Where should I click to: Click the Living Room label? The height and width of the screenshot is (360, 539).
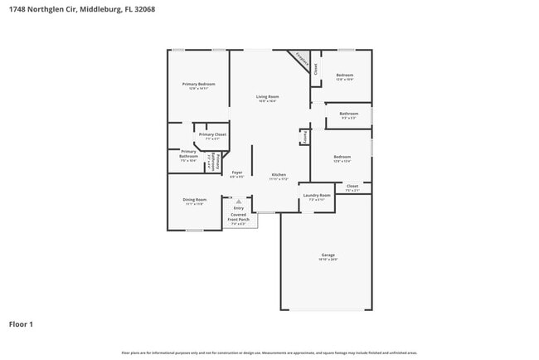coord(266,97)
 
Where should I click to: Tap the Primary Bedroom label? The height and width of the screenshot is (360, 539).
coord(199,85)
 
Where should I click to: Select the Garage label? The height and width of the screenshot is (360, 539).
coord(328,255)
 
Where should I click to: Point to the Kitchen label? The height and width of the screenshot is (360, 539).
coord(279,175)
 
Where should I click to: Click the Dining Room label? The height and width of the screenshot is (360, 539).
coord(195,200)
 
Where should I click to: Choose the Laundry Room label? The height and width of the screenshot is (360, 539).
coord(323,195)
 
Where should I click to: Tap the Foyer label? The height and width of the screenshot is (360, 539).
coord(237,173)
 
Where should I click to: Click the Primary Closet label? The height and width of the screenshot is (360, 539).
coord(212,134)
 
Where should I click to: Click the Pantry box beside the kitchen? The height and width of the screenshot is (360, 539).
coord(305,136)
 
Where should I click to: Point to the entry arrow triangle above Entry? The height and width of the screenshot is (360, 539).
coord(239,201)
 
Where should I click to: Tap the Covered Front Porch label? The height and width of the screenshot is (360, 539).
coord(238,218)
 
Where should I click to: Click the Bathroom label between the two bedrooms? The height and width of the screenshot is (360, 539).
coord(348,114)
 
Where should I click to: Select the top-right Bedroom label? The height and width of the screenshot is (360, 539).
coord(344,75)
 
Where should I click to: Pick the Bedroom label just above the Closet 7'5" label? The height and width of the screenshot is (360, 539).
coord(342,157)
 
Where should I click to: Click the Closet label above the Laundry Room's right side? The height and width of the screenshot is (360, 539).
coord(352,187)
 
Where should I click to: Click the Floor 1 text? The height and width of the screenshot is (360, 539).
coord(21,324)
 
